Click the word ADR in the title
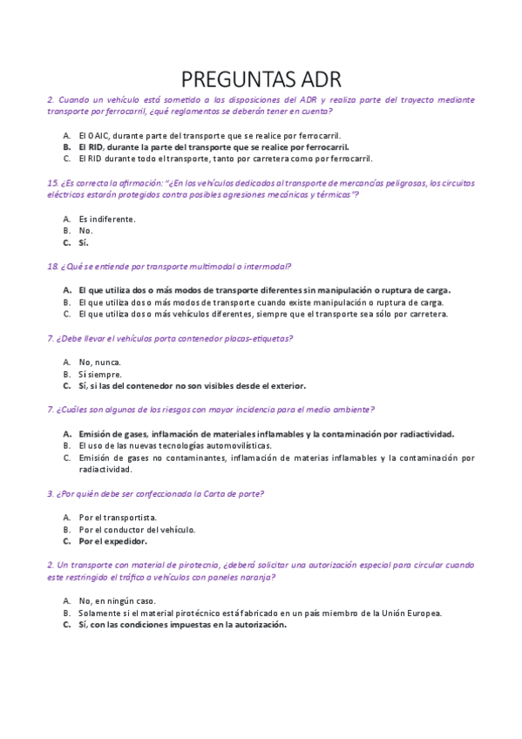315,79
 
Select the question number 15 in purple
51,182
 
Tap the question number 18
51,266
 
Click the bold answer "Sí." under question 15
84,242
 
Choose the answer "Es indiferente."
106,219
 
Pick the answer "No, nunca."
99,362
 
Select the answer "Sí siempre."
99,374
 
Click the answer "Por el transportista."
118,517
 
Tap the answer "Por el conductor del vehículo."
137,529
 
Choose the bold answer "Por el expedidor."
112,540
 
